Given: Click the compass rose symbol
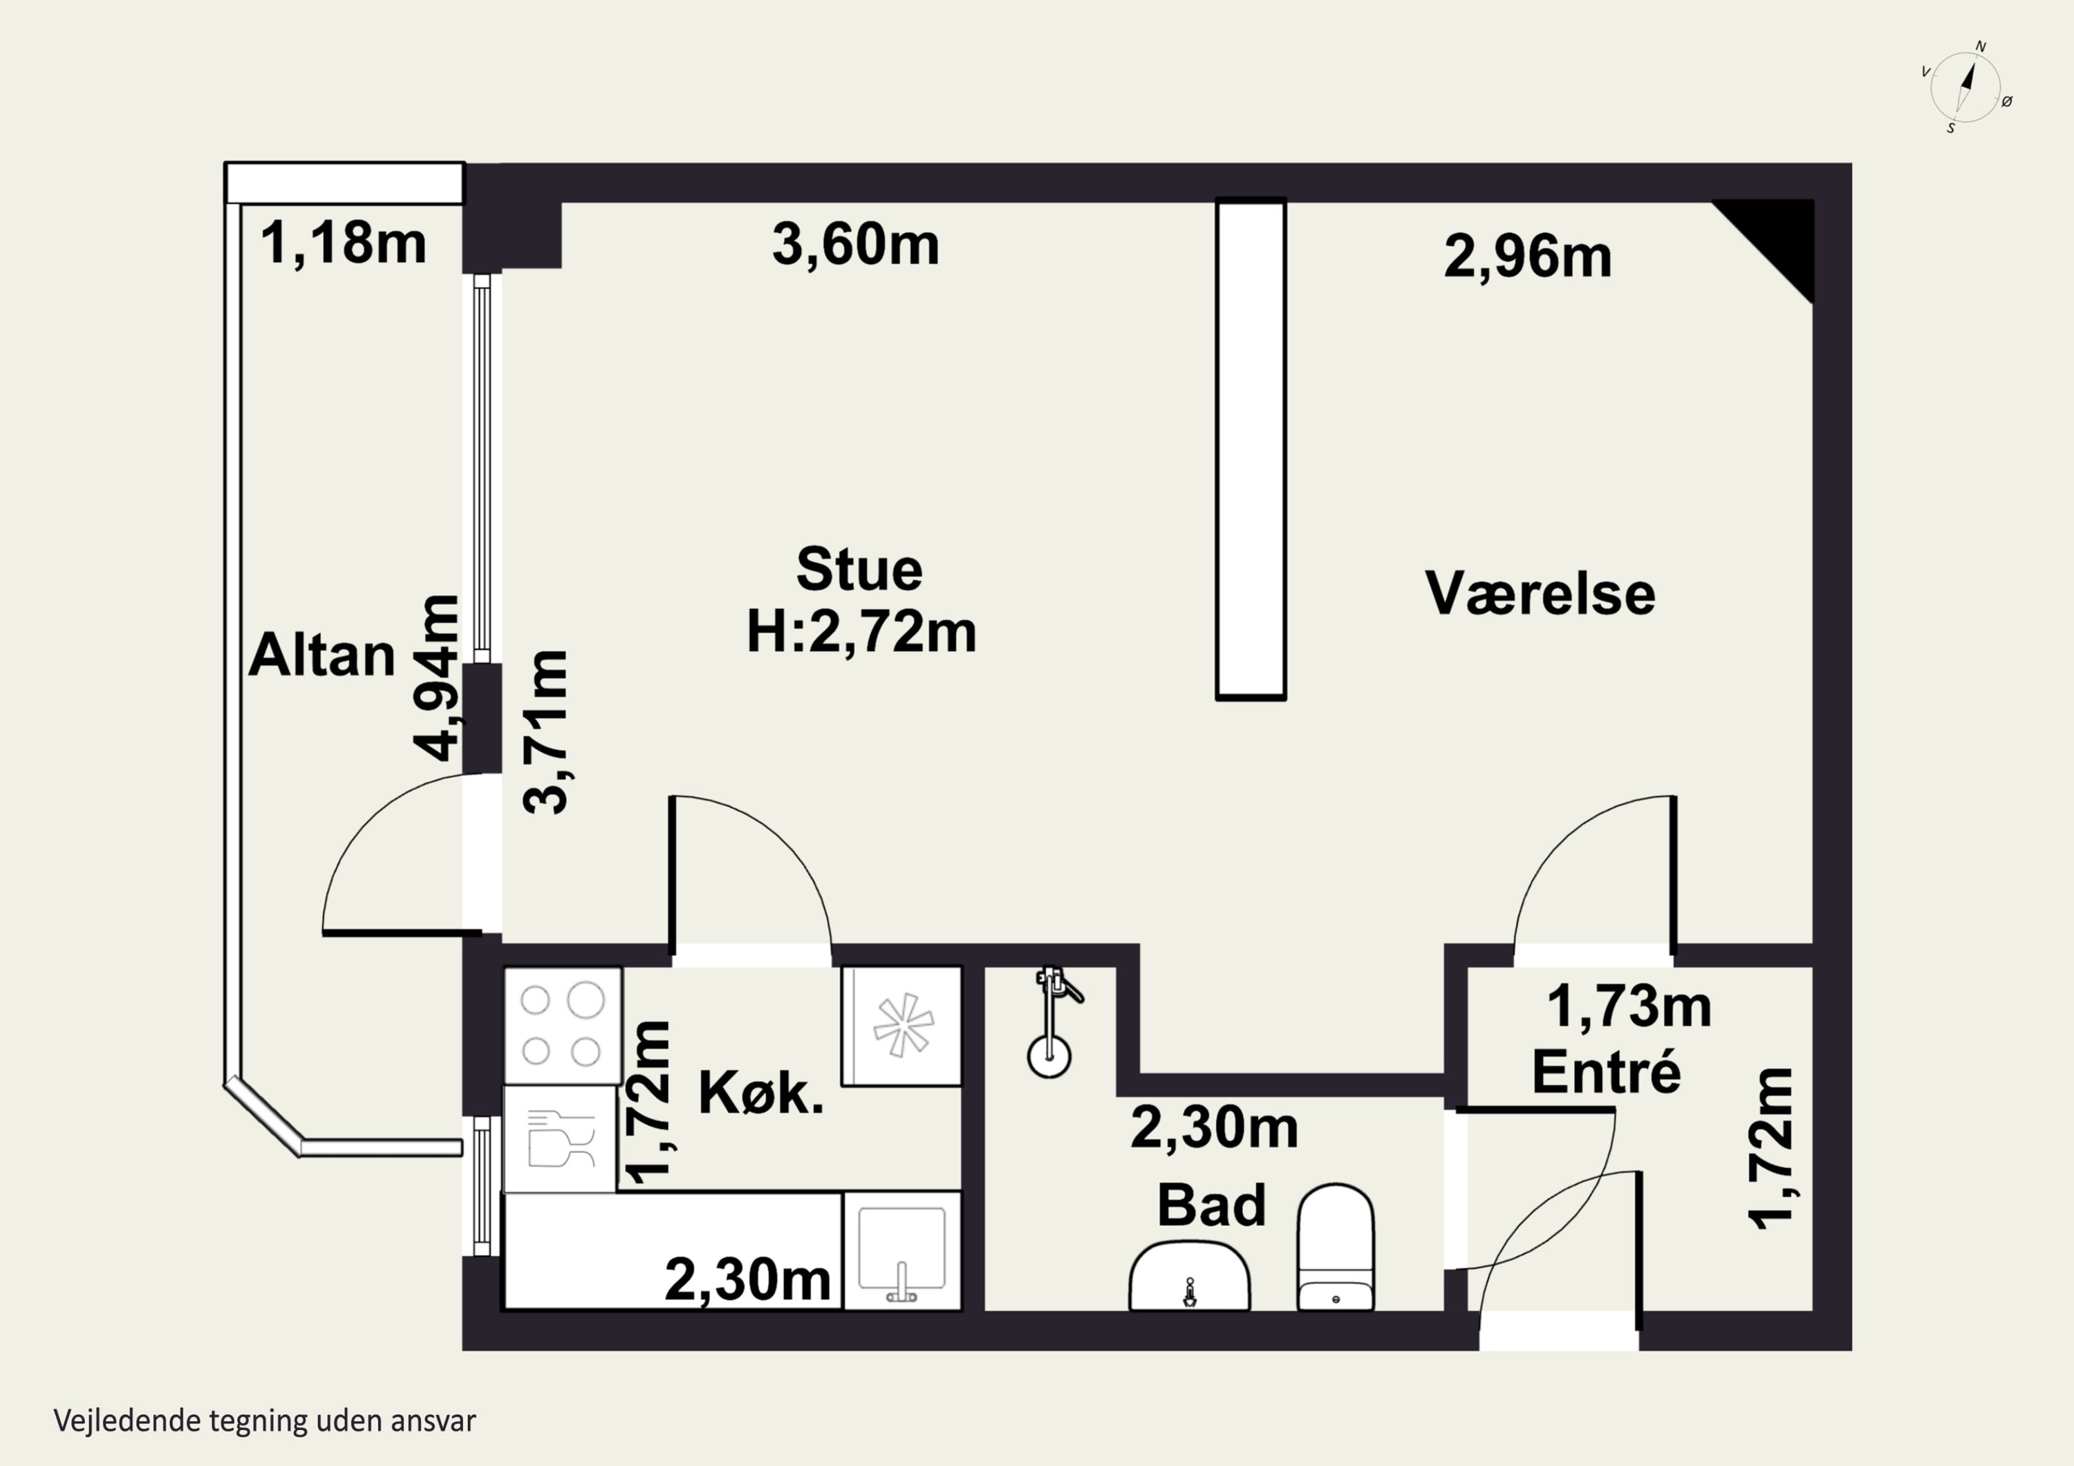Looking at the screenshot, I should pyautogui.click(x=1965, y=86).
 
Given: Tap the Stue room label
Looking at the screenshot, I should pyautogui.click(x=859, y=570).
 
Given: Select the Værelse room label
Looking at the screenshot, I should pyautogui.click(x=1540, y=594).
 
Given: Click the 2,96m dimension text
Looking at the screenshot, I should pyautogui.click(x=1527, y=256).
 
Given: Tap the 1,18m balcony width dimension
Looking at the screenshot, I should pyautogui.click(x=344, y=243).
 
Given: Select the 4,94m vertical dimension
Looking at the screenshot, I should pyautogui.click(x=437, y=677).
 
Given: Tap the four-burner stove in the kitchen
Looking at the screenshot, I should pyautogui.click(x=562, y=1025).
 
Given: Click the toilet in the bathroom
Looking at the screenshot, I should pyautogui.click(x=1336, y=1246).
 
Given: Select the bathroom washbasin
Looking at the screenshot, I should pyautogui.click(x=1190, y=1275).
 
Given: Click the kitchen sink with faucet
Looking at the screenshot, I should pyautogui.click(x=901, y=1250).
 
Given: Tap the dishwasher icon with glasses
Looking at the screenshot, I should pyautogui.click(x=560, y=1138).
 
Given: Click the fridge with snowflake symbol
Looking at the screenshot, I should pyautogui.click(x=901, y=1025).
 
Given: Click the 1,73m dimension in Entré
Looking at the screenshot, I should pyautogui.click(x=1629, y=1006).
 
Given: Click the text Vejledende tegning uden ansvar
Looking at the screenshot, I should pyautogui.click(x=265, y=1421).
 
